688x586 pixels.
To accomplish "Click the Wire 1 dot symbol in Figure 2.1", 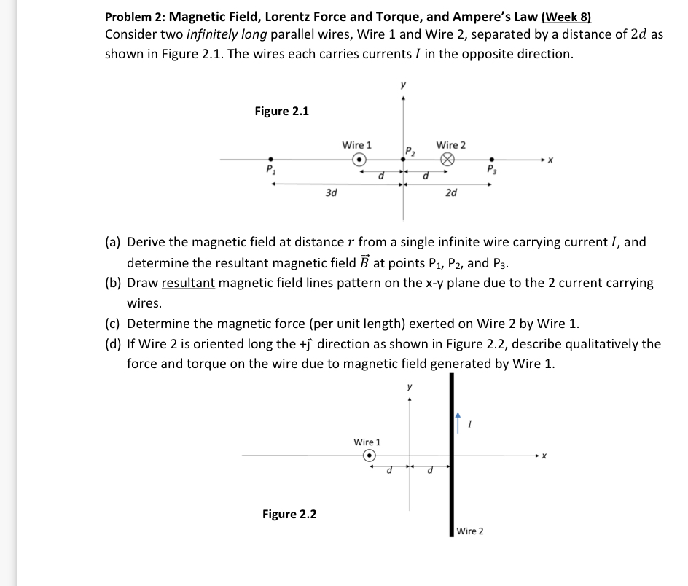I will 358,159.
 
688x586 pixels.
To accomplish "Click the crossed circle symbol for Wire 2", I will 447,160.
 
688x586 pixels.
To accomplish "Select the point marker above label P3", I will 492,159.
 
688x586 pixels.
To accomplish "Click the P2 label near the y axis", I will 410,151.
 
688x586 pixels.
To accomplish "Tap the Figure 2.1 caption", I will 281,111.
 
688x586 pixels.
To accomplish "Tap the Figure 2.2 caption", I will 289,514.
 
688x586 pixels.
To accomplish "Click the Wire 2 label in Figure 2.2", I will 470,531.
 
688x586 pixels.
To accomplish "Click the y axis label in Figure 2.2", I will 410,387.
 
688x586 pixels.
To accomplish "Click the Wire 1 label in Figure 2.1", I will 356,145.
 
